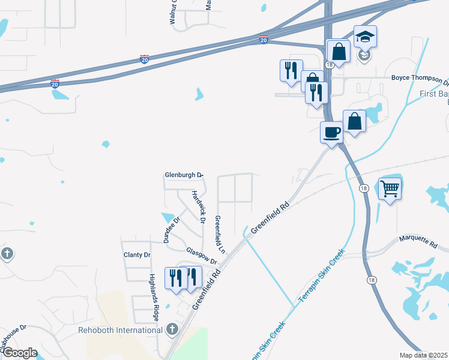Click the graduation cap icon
point(365,37)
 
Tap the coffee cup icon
point(331,132)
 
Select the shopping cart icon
point(390,190)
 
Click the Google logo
point(20,353)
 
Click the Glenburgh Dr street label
point(184,175)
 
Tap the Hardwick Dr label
point(199,208)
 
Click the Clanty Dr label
point(137,255)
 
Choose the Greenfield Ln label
point(220,234)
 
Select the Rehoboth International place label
point(120,330)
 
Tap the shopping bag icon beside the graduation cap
point(339,51)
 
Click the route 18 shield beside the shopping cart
point(364,188)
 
